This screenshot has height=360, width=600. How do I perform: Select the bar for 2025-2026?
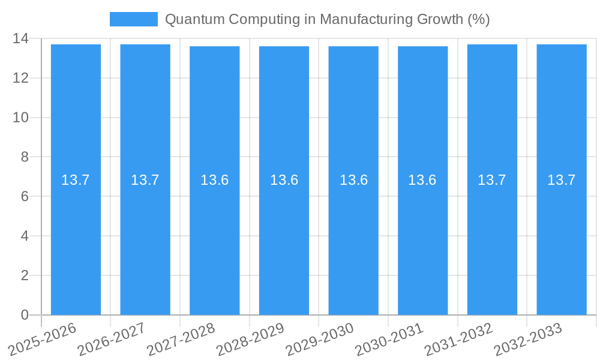pos(76,240)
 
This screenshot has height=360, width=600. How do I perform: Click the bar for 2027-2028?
pos(214,240)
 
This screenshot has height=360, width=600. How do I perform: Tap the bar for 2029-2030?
pos(353,240)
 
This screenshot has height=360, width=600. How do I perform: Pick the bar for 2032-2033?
pos(562,240)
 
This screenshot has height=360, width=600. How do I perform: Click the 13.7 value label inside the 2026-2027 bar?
pos(145,180)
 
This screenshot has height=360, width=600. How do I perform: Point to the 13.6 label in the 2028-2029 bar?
pos(284,180)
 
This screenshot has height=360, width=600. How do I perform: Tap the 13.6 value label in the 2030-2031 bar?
pos(422,180)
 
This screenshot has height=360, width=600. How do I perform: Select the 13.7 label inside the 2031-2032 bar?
pos(492,180)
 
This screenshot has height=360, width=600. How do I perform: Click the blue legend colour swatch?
pos(133,19)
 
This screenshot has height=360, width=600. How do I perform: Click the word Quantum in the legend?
pos(188,19)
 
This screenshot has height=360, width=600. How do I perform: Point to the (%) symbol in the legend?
pos(478,19)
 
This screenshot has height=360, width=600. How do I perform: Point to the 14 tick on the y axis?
pos(20,38)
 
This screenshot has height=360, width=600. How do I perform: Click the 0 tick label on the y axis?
pos(25,315)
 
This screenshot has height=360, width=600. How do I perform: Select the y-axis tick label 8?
pos(25,157)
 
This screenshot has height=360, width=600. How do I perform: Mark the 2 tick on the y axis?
pos(25,275)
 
